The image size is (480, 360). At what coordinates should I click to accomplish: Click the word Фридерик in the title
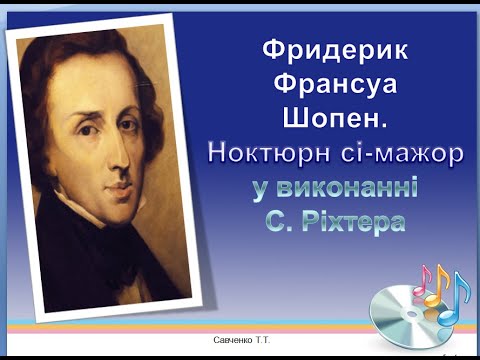tap(327, 49)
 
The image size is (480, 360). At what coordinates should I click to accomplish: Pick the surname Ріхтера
tap(353, 221)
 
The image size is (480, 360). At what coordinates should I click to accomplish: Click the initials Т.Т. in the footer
tap(266, 341)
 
